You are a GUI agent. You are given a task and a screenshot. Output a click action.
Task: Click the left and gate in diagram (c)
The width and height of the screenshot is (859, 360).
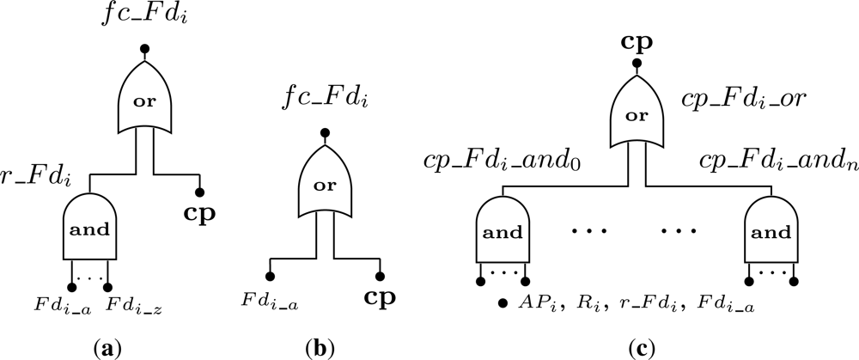[503, 232]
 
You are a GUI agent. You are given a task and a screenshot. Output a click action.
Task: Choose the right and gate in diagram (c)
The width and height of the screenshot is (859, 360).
[771, 232]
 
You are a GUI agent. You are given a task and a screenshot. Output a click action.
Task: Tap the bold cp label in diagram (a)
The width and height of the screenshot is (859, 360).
[199, 211]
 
